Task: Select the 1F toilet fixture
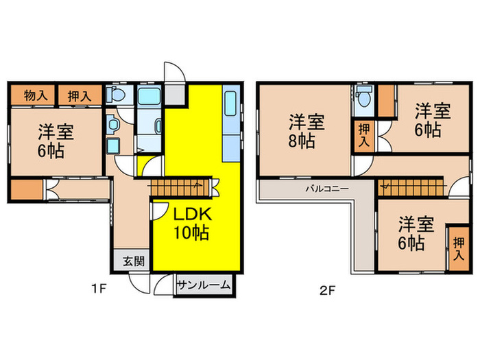coord(117,94)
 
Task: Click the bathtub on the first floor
coord(147,96)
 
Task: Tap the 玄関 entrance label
coord(133,261)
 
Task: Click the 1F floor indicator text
coord(99,289)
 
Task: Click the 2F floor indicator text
coord(326,289)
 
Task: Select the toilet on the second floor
coord(363,98)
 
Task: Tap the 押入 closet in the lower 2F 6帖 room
coord(457,247)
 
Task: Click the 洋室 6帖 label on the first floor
coord(51,141)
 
